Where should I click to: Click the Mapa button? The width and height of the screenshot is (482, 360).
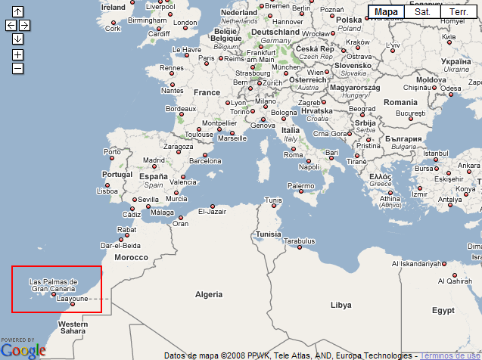point(386,12)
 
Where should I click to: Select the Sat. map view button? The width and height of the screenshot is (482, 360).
point(422,12)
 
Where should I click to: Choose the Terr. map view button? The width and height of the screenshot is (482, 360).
point(459,12)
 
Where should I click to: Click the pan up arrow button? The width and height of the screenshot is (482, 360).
point(18,11)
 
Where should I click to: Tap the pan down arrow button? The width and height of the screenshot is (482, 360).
point(18,39)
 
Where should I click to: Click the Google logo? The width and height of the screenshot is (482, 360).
point(23,350)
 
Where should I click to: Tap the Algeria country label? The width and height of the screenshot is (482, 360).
point(210,293)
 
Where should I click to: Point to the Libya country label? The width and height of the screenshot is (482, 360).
point(341,305)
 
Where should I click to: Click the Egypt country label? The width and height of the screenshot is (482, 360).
point(443,310)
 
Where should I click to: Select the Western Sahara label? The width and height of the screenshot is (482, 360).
point(73,327)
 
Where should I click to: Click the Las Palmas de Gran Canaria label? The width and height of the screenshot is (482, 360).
point(54,285)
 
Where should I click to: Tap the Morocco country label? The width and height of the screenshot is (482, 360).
point(131,257)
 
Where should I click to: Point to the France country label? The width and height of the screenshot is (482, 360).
point(207,92)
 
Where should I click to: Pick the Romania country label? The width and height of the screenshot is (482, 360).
point(400,101)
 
